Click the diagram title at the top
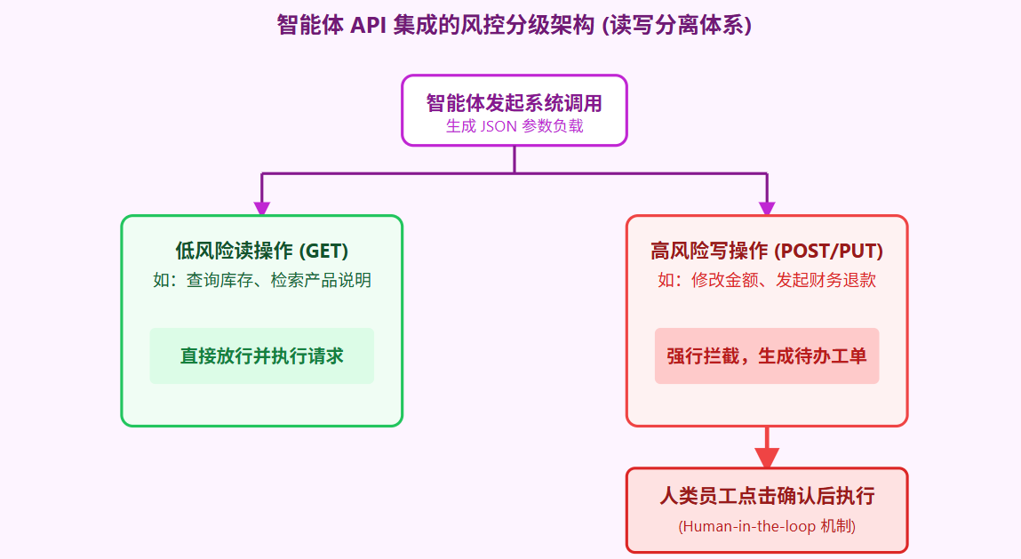click(x=514, y=25)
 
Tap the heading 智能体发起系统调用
click(x=514, y=102)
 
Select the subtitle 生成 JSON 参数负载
click(x=514, y=126)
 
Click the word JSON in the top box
click(x=499, y=126)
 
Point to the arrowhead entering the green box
click(x=262, y=208)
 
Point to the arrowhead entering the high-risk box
click(x=766, y=208)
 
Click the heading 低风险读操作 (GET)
click(x=261, y=252)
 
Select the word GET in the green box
click(x=323, y=252)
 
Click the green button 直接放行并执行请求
click(x=261, y=356)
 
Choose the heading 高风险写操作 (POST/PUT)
click(x=766, y=252)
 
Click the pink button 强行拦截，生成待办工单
click(x=766, y=356)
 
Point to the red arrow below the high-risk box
click(x=766, y=449)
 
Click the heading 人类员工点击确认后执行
click(x=766, y=496)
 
